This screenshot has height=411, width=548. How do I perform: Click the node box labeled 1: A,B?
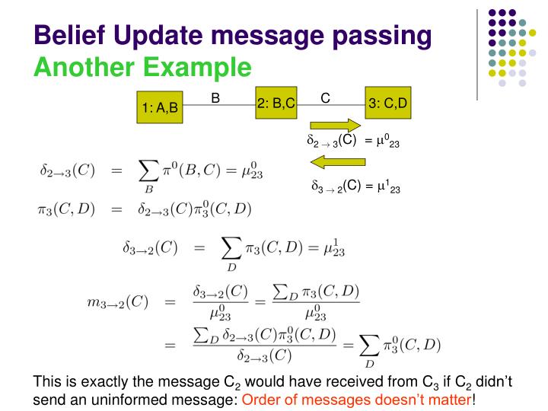pos(160,107)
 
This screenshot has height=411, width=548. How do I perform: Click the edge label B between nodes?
pos(215,97)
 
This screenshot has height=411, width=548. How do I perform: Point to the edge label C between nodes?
pos(325,97)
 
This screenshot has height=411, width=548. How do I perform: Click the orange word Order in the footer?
pos(263,399)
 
